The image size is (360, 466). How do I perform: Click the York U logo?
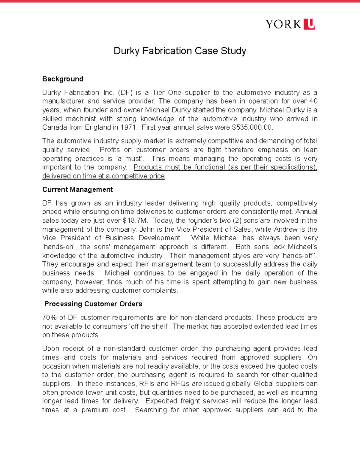click(x=290, y=24)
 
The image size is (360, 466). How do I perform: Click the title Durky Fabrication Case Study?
click(x=180, y=51)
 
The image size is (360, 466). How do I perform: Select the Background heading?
click(x=63, y=79)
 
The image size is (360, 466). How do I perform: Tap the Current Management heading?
click(x=77, y=189)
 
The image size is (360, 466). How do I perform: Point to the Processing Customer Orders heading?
click(x=93, y=304)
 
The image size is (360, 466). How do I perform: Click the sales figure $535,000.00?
click(x=252, y=127)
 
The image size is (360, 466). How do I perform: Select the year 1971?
click(x=128, y=127)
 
